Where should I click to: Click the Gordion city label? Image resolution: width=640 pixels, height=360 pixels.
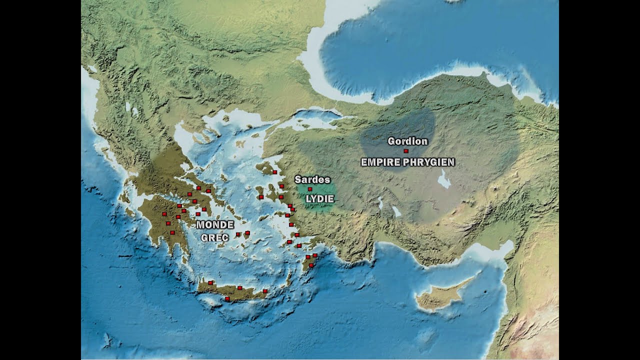click(x=407, y=141)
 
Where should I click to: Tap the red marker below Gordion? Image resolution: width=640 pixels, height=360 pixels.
click(x=406, y=151)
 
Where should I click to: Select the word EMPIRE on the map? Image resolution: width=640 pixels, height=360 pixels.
click(x=380, y=162)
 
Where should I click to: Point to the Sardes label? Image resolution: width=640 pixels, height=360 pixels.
click(x=312, y=179)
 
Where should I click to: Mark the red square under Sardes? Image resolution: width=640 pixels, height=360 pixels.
click(x=310, y=189)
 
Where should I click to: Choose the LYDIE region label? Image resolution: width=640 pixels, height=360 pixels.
click(x=319, y=198)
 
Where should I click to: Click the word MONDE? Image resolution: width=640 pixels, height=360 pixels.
click(x=215, y=225)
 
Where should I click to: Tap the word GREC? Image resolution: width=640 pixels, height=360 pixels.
click(x=215, y=237)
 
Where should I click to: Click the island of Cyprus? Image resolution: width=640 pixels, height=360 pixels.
click(x=440, y=297)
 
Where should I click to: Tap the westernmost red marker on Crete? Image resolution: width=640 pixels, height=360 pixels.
click(x=210, y=283)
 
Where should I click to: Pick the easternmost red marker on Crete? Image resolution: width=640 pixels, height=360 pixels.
click(x=265, y=291)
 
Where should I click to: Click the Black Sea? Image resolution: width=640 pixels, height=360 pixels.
click(x=440, y=50)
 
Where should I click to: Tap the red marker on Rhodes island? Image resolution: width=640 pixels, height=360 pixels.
click(x=311, y=265)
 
